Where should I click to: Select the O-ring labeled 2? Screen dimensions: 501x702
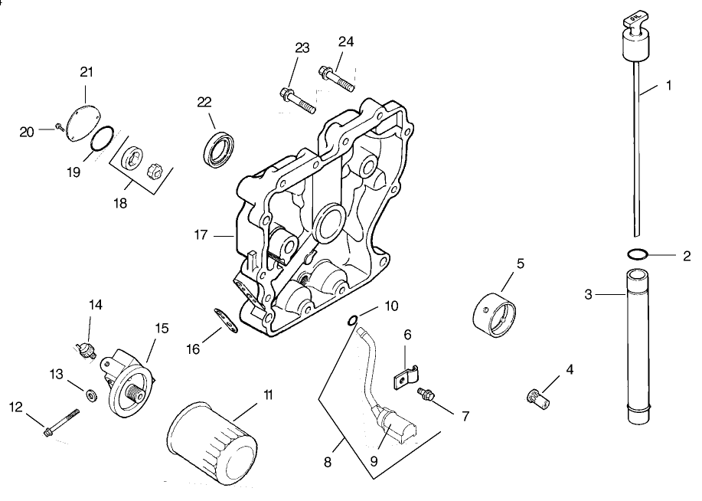(x=638, y=254)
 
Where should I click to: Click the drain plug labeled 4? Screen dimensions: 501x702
(x=536, y=396)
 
